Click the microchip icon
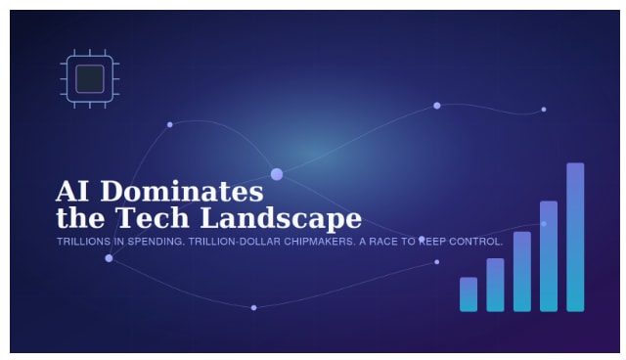point(90,78)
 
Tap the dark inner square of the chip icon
point(90,78)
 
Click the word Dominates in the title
point(182,191)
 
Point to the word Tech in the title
point(153,218)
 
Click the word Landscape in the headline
point(281,219)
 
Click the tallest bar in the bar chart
point(575,237)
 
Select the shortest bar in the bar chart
point(469,294)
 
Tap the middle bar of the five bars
point(522,271)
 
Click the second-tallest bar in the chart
point(549,256)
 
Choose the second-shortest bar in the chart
point(496,285)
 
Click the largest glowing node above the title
point(277,174)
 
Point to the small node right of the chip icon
point(169,124)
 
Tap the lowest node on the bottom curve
point(253,308)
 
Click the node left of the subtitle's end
point(422,239)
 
